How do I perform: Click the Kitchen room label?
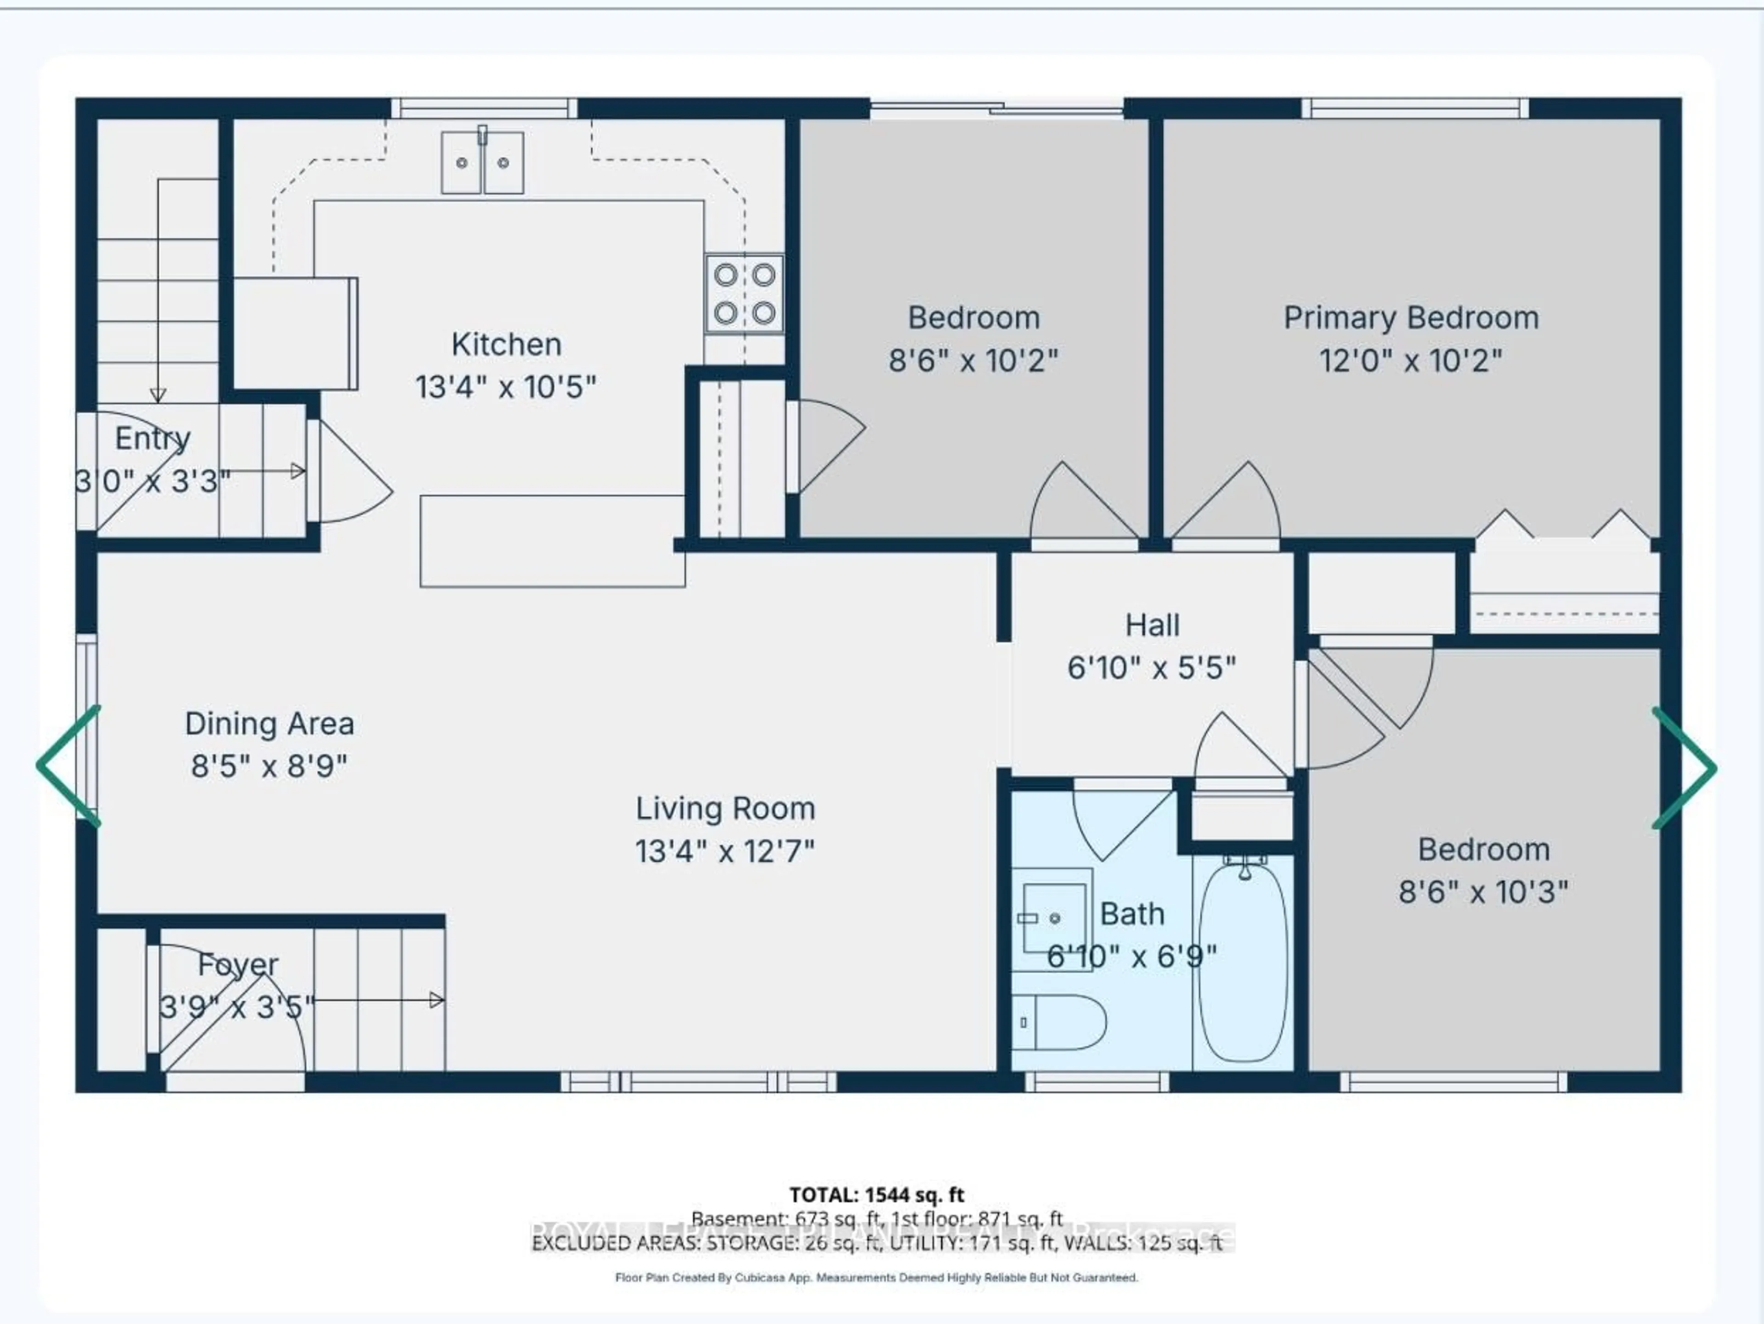point(506,345)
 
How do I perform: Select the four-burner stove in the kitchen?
point(744,294)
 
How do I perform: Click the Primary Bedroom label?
point(1410,318)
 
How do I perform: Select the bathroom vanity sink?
point(1053,917)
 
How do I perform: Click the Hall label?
point(1152,625)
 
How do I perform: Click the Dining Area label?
point(270,724)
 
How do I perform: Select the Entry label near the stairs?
point(153,439)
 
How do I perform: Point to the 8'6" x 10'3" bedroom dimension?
point(1483,892)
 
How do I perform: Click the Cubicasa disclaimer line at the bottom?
point(876,1278)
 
